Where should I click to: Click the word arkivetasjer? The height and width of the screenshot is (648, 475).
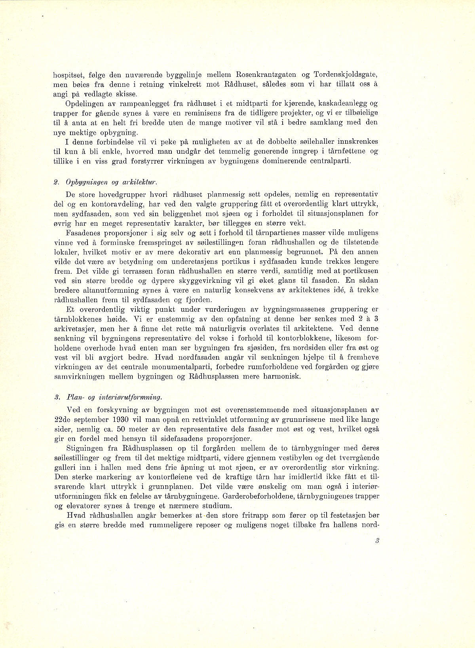tap(73, 328)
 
